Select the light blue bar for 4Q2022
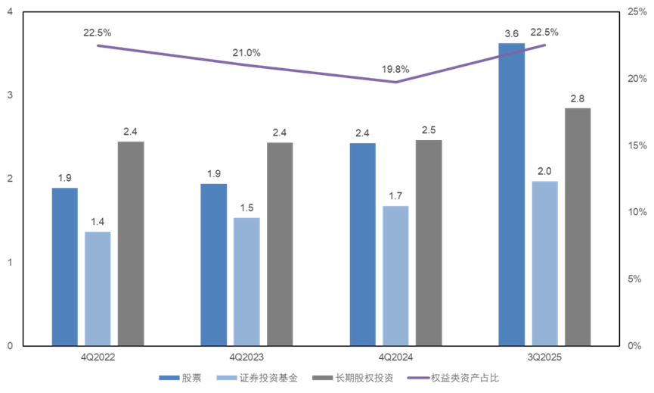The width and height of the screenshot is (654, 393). tap(98, 288)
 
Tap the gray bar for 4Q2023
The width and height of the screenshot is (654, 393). tap(280, 243)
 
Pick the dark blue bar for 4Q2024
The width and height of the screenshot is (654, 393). tap(363, 243)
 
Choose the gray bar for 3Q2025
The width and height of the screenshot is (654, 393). tap(578, 226)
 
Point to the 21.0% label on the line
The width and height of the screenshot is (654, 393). tap(246, 53)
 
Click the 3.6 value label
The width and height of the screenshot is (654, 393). tap(512, 33)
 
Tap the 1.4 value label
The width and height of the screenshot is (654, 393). tap(98, 222)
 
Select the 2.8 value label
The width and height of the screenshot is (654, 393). tap(578, 98)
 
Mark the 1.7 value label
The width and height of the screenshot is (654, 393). tap(395, 196)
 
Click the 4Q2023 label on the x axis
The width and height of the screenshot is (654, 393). tap(246, 356)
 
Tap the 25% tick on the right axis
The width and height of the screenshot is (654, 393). tap(636, 12)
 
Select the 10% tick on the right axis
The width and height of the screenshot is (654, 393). tap(636, 212)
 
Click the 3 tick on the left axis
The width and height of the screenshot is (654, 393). tap(10, 95)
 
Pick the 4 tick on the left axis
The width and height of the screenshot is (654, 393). tap(10, 12)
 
